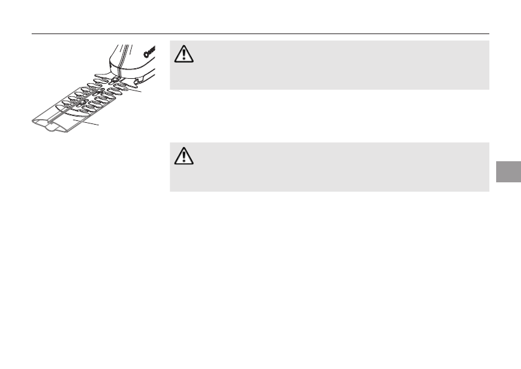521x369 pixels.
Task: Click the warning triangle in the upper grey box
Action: tap(184, 55)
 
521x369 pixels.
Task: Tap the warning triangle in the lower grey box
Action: tap(184, 157)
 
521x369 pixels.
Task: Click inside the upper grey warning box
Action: tap(329, 65)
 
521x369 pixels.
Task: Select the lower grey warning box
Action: tap(329, 167)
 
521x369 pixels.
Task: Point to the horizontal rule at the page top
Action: tap(261, 34)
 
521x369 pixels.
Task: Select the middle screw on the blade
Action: tap(99, 90)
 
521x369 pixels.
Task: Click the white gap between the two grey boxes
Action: tap(329, 116)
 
